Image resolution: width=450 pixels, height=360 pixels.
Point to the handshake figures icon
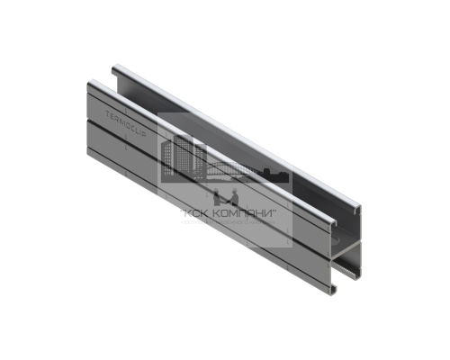point(223,197)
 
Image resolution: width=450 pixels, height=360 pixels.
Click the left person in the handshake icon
point(216,197)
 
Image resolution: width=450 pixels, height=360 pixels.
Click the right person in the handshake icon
point(230,197)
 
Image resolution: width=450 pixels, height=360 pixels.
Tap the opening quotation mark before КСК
point(179,211)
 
